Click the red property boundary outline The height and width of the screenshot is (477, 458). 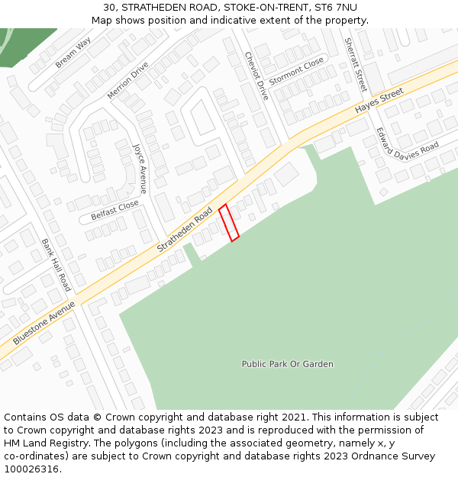click(229, 223)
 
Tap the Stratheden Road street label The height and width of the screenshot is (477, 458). click(185, 230)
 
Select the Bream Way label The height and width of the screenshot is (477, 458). click(73, 53)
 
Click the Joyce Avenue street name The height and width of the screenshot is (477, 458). click(140, 168)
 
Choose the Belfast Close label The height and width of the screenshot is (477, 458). click(114, 210)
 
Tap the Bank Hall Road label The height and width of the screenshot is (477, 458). click(56, 264)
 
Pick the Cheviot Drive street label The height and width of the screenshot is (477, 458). click(256, 76)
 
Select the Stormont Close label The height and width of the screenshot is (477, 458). click(296, 71)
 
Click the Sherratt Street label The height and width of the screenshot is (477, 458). click(355, 65)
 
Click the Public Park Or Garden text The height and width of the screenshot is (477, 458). click(287, 364)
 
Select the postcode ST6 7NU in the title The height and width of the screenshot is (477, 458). click(337, 7)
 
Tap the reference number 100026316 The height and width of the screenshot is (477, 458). click(32, 469)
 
